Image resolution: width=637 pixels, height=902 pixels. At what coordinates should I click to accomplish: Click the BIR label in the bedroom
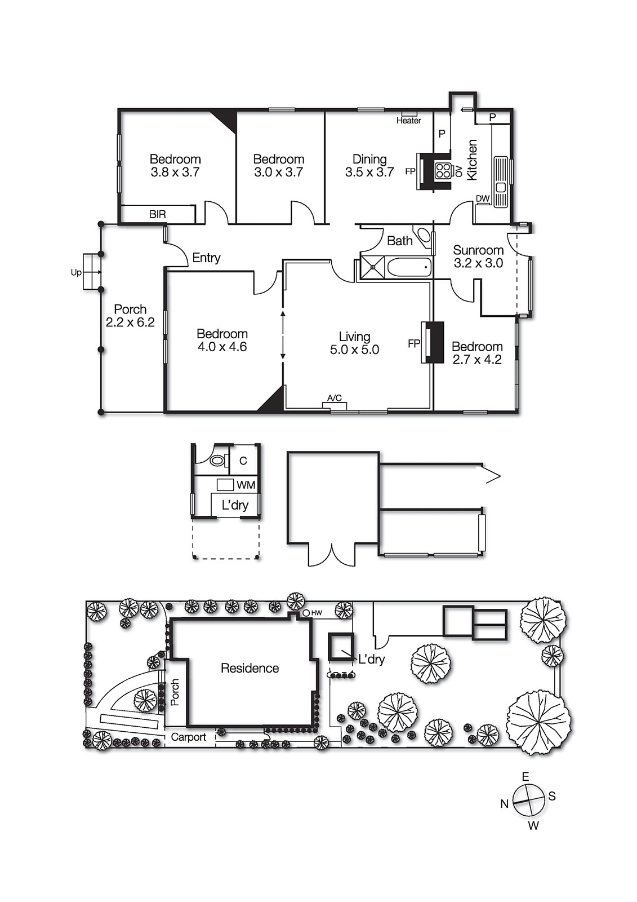[x=158, y=214]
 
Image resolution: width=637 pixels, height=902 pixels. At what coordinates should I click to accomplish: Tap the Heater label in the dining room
[x=408, y=121]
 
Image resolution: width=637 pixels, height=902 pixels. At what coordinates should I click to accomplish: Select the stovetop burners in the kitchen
[x=443, y=170]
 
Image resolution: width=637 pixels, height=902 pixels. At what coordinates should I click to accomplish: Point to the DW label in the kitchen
[x=483, y=199]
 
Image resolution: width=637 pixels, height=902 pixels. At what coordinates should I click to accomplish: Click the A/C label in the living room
[x=335, y=398]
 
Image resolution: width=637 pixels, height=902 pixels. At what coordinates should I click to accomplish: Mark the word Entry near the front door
[x=206, y=258]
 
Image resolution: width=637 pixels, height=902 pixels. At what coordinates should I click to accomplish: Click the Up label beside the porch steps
[x=76, y=272]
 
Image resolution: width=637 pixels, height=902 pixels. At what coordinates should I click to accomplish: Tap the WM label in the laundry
[x=246, y=485]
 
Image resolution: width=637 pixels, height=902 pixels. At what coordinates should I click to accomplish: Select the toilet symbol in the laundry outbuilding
[x=217, y=460]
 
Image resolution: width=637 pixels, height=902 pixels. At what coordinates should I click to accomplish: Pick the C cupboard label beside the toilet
[x=243, y=461]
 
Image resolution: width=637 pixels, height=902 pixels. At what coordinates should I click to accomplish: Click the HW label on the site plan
[x=317, y=613]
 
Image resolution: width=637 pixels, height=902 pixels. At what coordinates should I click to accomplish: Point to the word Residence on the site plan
[x=250, y=668]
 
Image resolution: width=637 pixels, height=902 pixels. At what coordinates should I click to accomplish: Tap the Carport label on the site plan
[x=188, y=737]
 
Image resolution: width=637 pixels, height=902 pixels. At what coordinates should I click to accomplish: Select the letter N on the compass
[x=504, y=804]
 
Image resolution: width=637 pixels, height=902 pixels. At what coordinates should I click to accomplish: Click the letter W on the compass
[x=533, y=826]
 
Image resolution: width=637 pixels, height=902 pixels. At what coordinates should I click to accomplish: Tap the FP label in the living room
[x=414, y=343]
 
